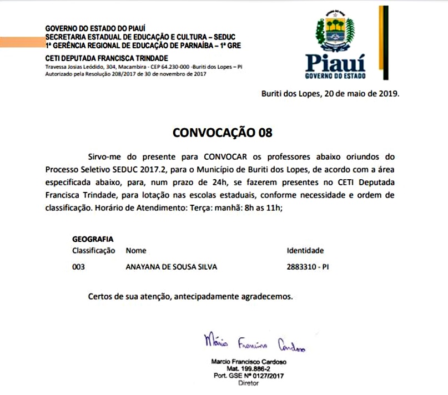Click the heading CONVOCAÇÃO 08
(223, 133)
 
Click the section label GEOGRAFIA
(93, 239)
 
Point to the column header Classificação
(94, 251)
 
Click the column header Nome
(137, 251)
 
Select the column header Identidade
(305, 251)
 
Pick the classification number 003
(79, 267)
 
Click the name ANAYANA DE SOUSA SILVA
(172, 267)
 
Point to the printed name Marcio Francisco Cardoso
(249, 361)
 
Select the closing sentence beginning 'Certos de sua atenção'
(190, 296)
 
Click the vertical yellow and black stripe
(383, 42)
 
